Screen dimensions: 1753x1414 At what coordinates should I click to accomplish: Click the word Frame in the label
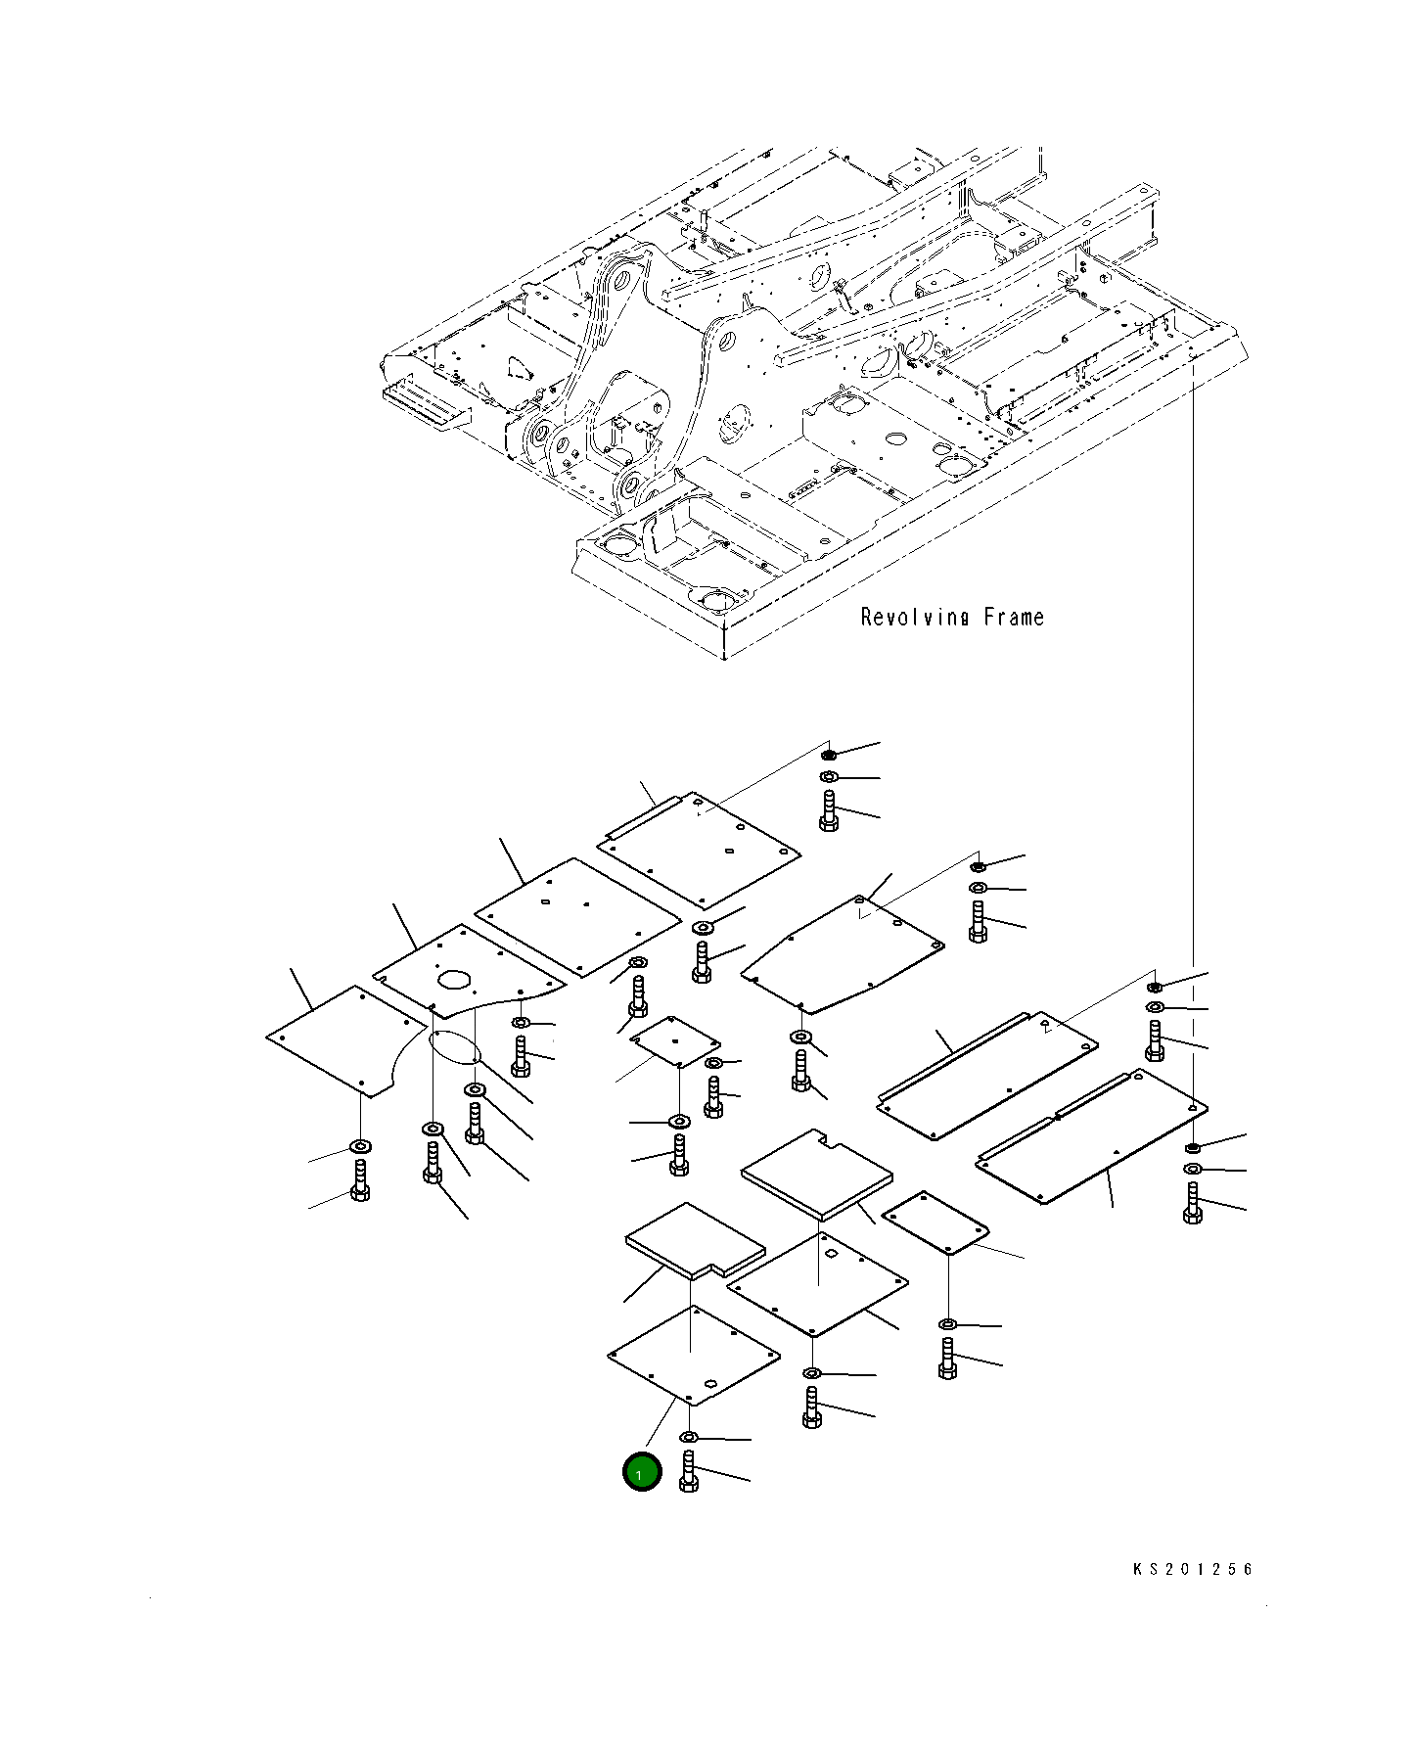click(1014, 618)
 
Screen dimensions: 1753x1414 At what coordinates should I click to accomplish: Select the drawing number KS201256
click(1192, 1569)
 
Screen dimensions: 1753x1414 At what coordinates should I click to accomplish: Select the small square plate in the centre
click(674, 1041)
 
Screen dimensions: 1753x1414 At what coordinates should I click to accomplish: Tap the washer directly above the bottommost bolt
click(688, 1437)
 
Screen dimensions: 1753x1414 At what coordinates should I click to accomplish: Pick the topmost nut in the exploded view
click(829, 755)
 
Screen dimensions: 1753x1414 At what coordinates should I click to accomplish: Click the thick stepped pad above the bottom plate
click(695, 1239)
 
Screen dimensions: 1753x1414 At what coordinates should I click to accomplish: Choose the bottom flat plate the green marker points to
click(693, 1356)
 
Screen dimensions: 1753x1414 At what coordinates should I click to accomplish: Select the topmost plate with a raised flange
click(700, 848)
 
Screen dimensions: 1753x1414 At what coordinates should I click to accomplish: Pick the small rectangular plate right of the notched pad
click(935, 1222)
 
